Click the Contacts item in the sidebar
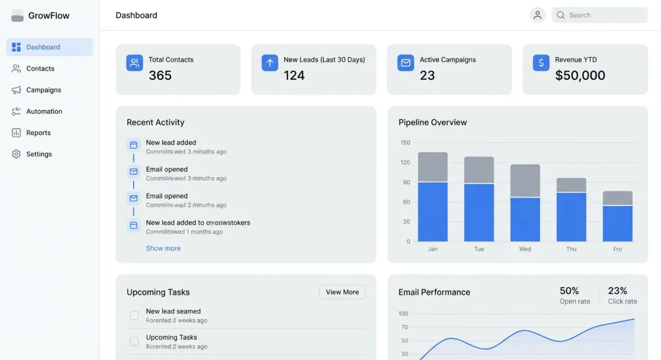tap(40, 69)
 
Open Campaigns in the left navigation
tap(44, 90)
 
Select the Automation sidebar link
tap(44, 111)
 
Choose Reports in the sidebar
tap(38, 133)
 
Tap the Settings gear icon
tap(16, 154)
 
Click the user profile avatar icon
tap(537, 15)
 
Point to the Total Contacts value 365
tap(160, 75)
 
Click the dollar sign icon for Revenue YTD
tap(541, 63)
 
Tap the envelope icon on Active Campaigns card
tap(405, 63)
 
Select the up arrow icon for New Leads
tap(270, 63)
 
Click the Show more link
tap(163, 248)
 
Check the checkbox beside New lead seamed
tap(134, 315)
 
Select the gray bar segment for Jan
tap(432, 167)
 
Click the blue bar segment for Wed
tap(525, 219)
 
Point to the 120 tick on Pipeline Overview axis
tap(405, 162)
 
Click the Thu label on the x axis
tap(571, 249)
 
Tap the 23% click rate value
tap(617, 291)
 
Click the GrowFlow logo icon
tap(18, 16)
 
